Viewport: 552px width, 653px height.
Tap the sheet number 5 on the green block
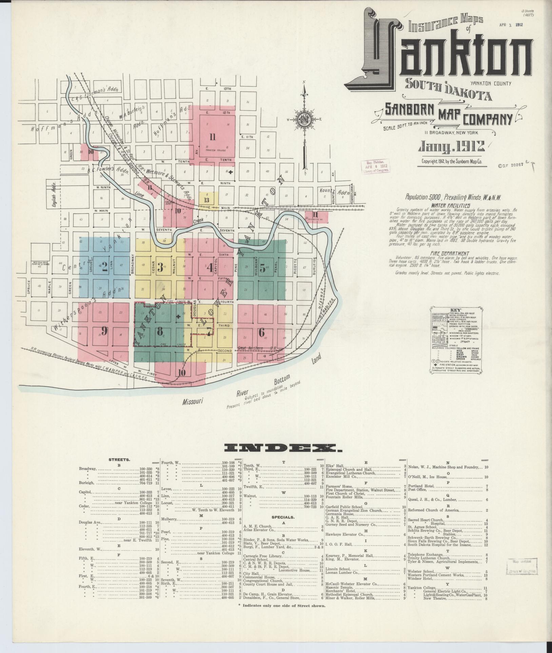[x=262, y=267]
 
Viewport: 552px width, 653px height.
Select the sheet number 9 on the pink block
[x=104, y=331]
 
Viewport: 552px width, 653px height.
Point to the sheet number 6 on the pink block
[x=261, y=332]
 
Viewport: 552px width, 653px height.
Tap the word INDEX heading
[x=283, y=448]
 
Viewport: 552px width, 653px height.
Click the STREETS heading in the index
[x=119, y=460]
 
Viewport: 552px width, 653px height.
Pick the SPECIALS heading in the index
[x=283, y=517]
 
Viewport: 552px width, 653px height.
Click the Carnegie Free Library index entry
[x=263, y=556]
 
